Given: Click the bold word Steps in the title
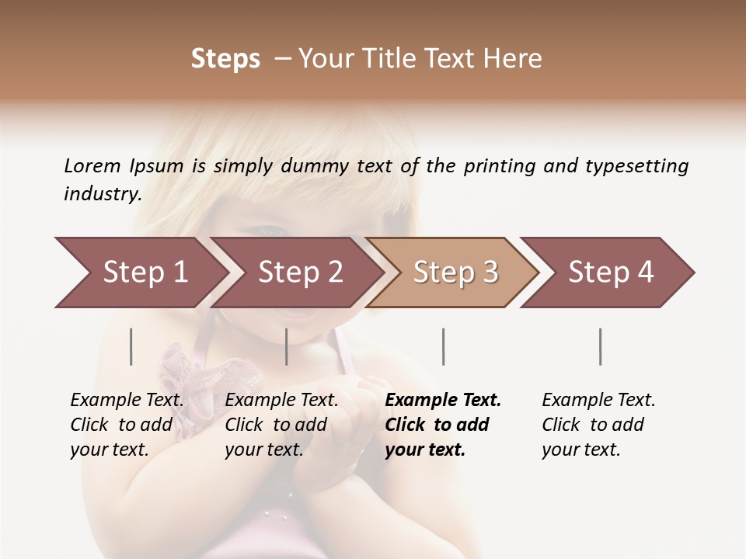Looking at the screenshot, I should tap(225, 59).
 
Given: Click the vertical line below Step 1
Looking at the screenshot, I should tap(131, 346).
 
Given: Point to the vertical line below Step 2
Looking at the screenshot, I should tap(287, 346).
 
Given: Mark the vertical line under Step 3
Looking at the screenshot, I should tap(443, 346).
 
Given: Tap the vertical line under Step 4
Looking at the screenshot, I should tap(600, 346).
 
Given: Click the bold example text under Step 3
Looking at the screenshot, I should tap(442, 425).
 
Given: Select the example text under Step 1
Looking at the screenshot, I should tap(127, 425).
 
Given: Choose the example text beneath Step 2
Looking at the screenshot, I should tap(281, 425).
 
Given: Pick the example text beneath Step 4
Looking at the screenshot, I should tap(598, 425).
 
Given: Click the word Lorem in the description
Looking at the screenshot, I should tap(92, 166).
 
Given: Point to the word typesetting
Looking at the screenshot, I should tap(636, 166).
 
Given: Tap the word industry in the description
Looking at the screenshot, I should tap(102, 194).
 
